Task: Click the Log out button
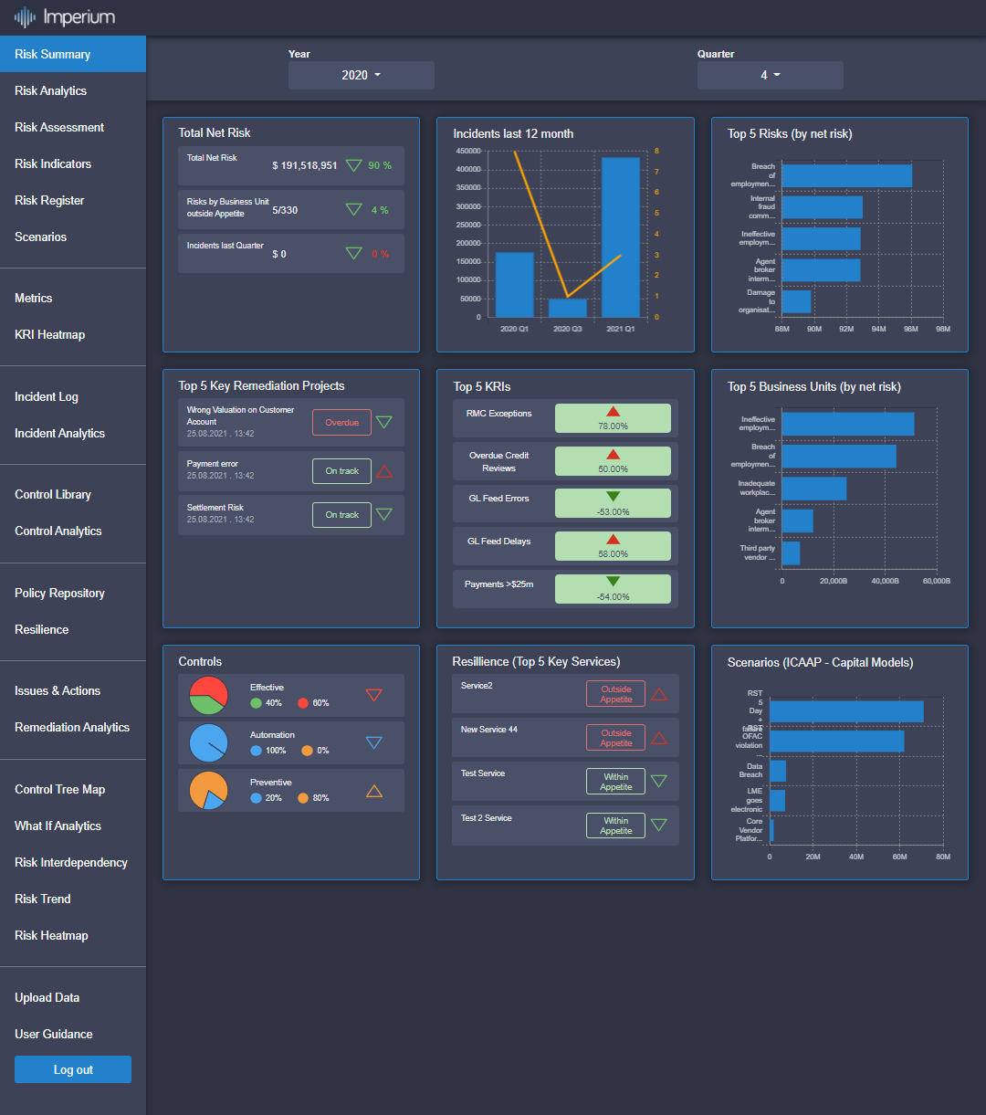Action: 73,1069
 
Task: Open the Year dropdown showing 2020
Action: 361,75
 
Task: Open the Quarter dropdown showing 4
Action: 770,75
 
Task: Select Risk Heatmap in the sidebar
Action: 51,935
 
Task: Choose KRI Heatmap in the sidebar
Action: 49,334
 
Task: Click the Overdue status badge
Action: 341,423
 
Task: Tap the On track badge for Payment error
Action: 341,471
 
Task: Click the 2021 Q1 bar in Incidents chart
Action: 620,237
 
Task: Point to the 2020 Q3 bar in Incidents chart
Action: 567,308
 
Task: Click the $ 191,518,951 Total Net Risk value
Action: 304,166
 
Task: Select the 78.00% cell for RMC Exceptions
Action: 613,418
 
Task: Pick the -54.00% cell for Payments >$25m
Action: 613,589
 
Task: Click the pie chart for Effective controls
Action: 208,696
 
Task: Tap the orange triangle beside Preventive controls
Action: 373,791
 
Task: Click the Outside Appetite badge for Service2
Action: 615,694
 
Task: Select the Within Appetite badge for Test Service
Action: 615,782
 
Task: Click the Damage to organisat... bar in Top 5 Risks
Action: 796,301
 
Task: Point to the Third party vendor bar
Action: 791,553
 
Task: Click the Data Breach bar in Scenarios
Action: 778,771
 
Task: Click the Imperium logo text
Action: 79,17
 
